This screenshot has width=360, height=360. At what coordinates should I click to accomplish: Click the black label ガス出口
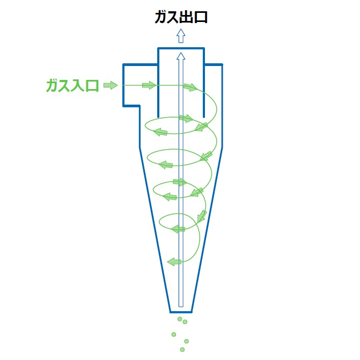click(181, 18)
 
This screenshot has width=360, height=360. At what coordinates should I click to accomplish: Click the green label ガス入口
click(72, 86)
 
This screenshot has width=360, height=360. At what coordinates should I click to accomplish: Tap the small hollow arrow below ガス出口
click(181, 35)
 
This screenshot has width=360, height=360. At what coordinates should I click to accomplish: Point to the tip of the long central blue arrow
click(181, 53)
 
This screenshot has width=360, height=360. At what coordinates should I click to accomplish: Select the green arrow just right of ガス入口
click(111, 85)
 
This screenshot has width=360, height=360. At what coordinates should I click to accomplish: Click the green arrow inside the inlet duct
click(149, 85)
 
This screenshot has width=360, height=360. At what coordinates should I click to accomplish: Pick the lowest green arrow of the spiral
click(174, 261)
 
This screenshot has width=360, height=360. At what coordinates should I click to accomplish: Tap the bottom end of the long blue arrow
click(181, 306)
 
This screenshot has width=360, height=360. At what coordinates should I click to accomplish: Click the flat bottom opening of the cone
click(181, 312)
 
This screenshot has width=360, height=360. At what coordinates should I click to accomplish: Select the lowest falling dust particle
click(182, 350)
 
